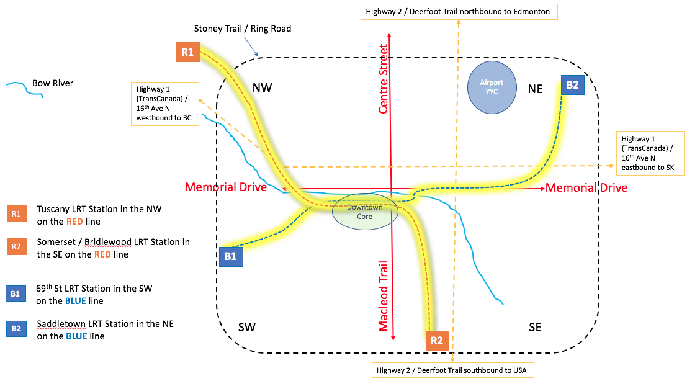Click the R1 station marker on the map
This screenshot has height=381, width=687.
[x=187, y=52]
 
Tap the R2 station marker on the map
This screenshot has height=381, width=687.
[x=436, y=340]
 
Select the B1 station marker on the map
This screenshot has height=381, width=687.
[x=230, y=256]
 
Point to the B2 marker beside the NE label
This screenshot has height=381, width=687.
[x=572, y=86]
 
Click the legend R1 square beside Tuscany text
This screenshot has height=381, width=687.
[x=16, y=214]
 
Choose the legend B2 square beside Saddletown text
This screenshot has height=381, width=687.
[x=16, y=328]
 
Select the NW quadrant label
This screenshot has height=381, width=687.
[x=263, y=88]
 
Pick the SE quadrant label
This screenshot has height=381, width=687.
[x=535, y=327]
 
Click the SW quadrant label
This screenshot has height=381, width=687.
[x=247, y=327]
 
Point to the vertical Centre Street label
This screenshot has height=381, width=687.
[x=384, y=79]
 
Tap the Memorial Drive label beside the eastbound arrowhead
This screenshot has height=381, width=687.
[x=586, y=187]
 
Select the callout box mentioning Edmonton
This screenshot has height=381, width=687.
[x=457, y=11]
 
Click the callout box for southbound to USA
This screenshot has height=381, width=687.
[x=451, y=370]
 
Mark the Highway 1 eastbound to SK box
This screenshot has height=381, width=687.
[x=649, y=153]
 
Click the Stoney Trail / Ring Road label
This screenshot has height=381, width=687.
[x=243, y=29]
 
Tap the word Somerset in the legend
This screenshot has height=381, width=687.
[x=58, y=241]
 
